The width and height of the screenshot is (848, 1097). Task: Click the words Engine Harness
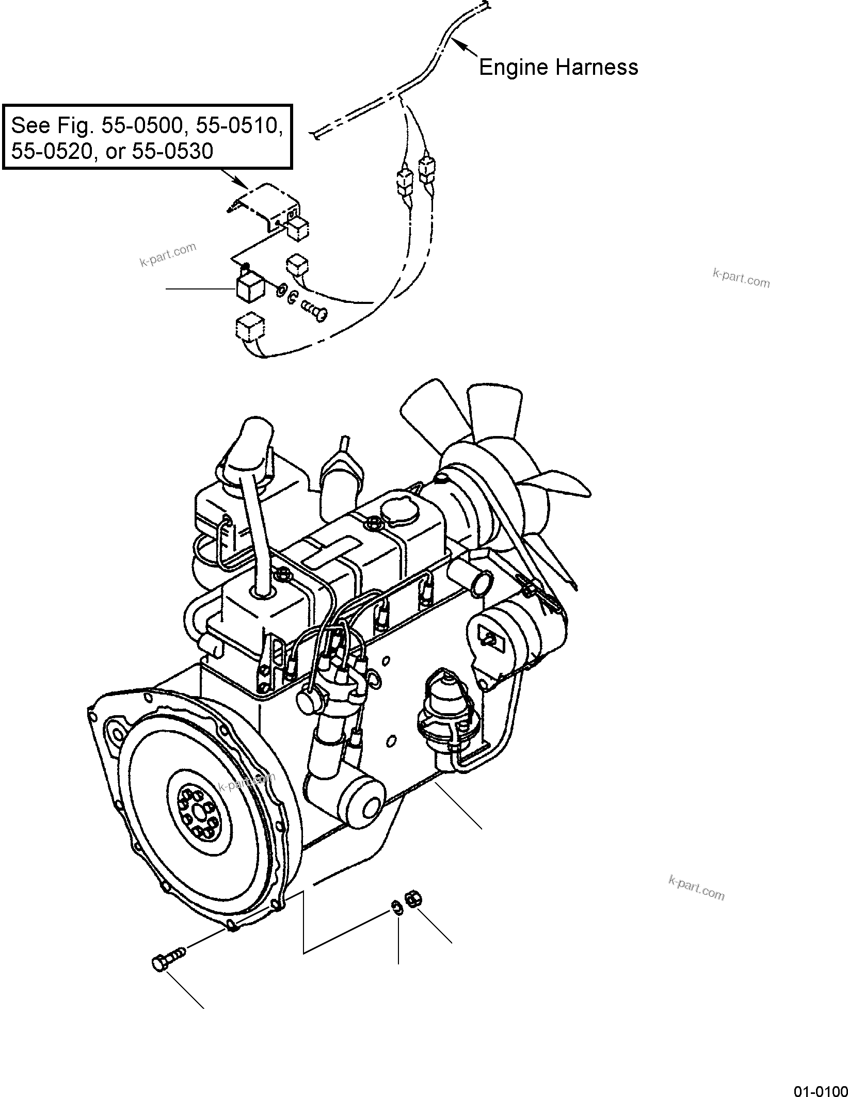coord(558,68)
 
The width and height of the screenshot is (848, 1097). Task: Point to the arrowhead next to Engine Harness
coord(465,48)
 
